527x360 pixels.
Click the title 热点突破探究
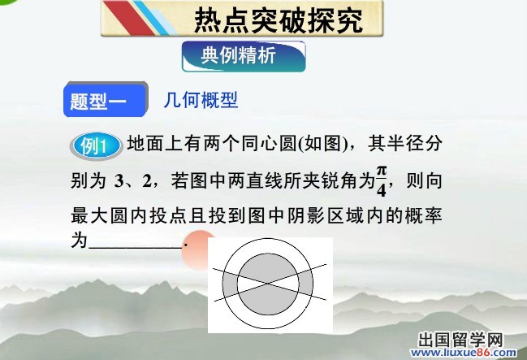[279, 20]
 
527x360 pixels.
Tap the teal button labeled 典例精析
[244, 57]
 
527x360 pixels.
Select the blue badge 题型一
[106, 100]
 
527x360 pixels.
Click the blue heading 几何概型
[201, 100]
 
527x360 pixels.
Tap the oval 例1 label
[97, 146]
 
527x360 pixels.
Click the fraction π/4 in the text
[381, 180]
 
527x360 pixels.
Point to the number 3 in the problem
[119, 181]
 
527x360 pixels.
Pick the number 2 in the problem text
[147, 181]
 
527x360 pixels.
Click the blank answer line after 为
[135, 247]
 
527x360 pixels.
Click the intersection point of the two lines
[267, 283]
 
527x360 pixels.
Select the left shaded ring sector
[230, 284]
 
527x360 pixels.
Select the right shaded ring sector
[305, 284]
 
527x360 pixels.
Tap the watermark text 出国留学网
[460, 340]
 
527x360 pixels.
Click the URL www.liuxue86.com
[464, 352]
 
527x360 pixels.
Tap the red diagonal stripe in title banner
[129, 18]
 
